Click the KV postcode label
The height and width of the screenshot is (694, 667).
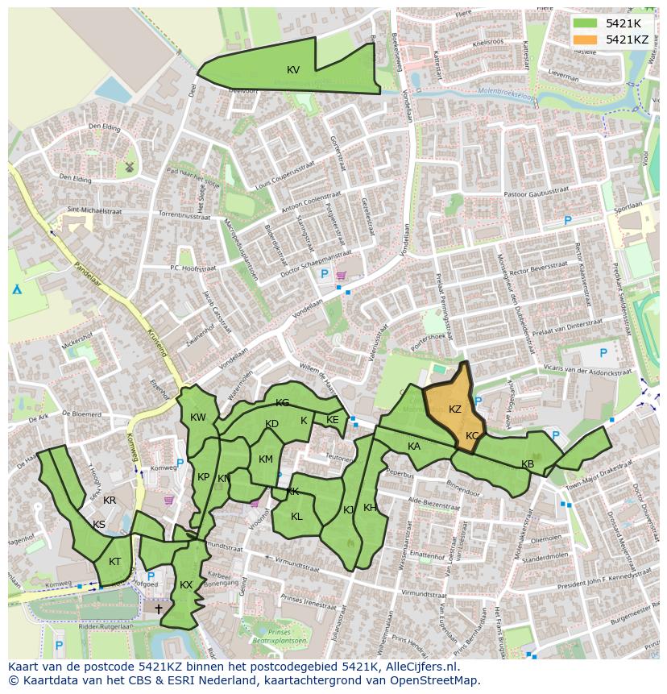coord(293,70)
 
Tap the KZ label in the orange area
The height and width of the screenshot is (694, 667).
coord(455,409)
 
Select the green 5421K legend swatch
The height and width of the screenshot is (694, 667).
coord(586,23)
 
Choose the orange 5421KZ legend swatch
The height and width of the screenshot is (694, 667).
coord(586,39)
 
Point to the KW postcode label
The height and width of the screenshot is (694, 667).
coord(198,418)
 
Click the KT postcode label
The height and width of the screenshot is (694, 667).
coord(115,562)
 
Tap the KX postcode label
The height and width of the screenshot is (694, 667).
coord(186,585)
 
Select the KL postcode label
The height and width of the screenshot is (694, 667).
coord(296,517)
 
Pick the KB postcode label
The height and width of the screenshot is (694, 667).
coord(528,464)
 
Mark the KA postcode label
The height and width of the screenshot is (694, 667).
coord(414,447)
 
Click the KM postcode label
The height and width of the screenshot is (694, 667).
coord(266,459)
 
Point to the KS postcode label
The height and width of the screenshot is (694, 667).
coord(99,525)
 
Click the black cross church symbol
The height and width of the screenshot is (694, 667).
coord(158,609)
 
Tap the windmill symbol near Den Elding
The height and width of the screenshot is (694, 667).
coord(128,167)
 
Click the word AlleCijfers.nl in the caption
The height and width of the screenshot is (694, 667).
coord(419,667)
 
